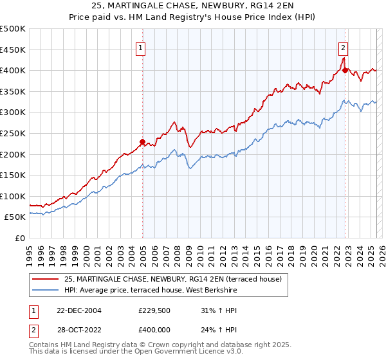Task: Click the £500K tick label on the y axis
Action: tap(13, 29)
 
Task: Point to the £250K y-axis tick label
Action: tap(13, 133)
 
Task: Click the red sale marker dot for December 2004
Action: tap(142, 141)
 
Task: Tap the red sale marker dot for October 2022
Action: tap(345, 70)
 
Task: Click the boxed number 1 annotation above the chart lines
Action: tap(140, 47)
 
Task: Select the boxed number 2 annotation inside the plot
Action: tap(344, 47)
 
